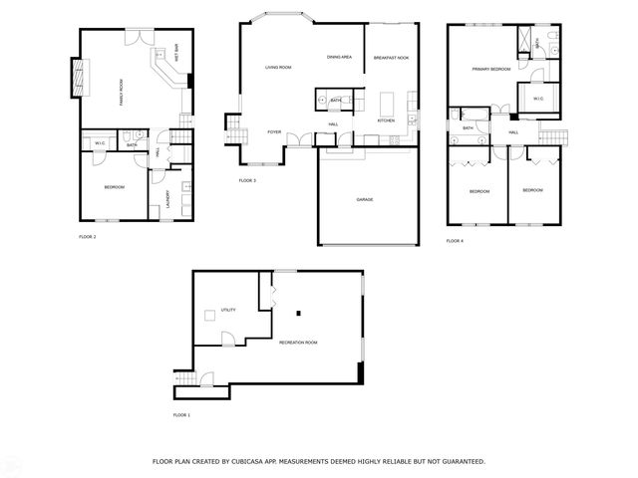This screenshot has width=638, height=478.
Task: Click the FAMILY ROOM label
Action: (122, 91)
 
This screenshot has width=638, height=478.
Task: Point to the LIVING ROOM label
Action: (277, 68)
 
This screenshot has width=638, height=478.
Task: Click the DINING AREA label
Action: (339, 57)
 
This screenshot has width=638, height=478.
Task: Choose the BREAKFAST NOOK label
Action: (390, 58)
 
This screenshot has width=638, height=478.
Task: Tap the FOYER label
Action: (273, 131)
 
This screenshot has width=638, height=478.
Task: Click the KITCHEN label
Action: (386, 120)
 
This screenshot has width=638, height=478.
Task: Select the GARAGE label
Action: (365, 199)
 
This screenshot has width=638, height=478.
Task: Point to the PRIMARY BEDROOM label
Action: (491, 69)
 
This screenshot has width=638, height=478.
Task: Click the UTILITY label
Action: (227, 311)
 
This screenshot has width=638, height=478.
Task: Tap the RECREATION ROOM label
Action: (298, 343)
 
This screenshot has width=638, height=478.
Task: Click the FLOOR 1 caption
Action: (180, 414)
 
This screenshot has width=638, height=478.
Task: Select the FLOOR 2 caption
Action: (87, 237)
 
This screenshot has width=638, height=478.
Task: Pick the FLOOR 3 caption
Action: (247, 180)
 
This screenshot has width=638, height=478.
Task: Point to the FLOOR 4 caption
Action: (454, 241)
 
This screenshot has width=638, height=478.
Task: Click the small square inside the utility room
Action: (209, 316)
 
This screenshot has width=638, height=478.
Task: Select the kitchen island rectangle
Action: (387, 103)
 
